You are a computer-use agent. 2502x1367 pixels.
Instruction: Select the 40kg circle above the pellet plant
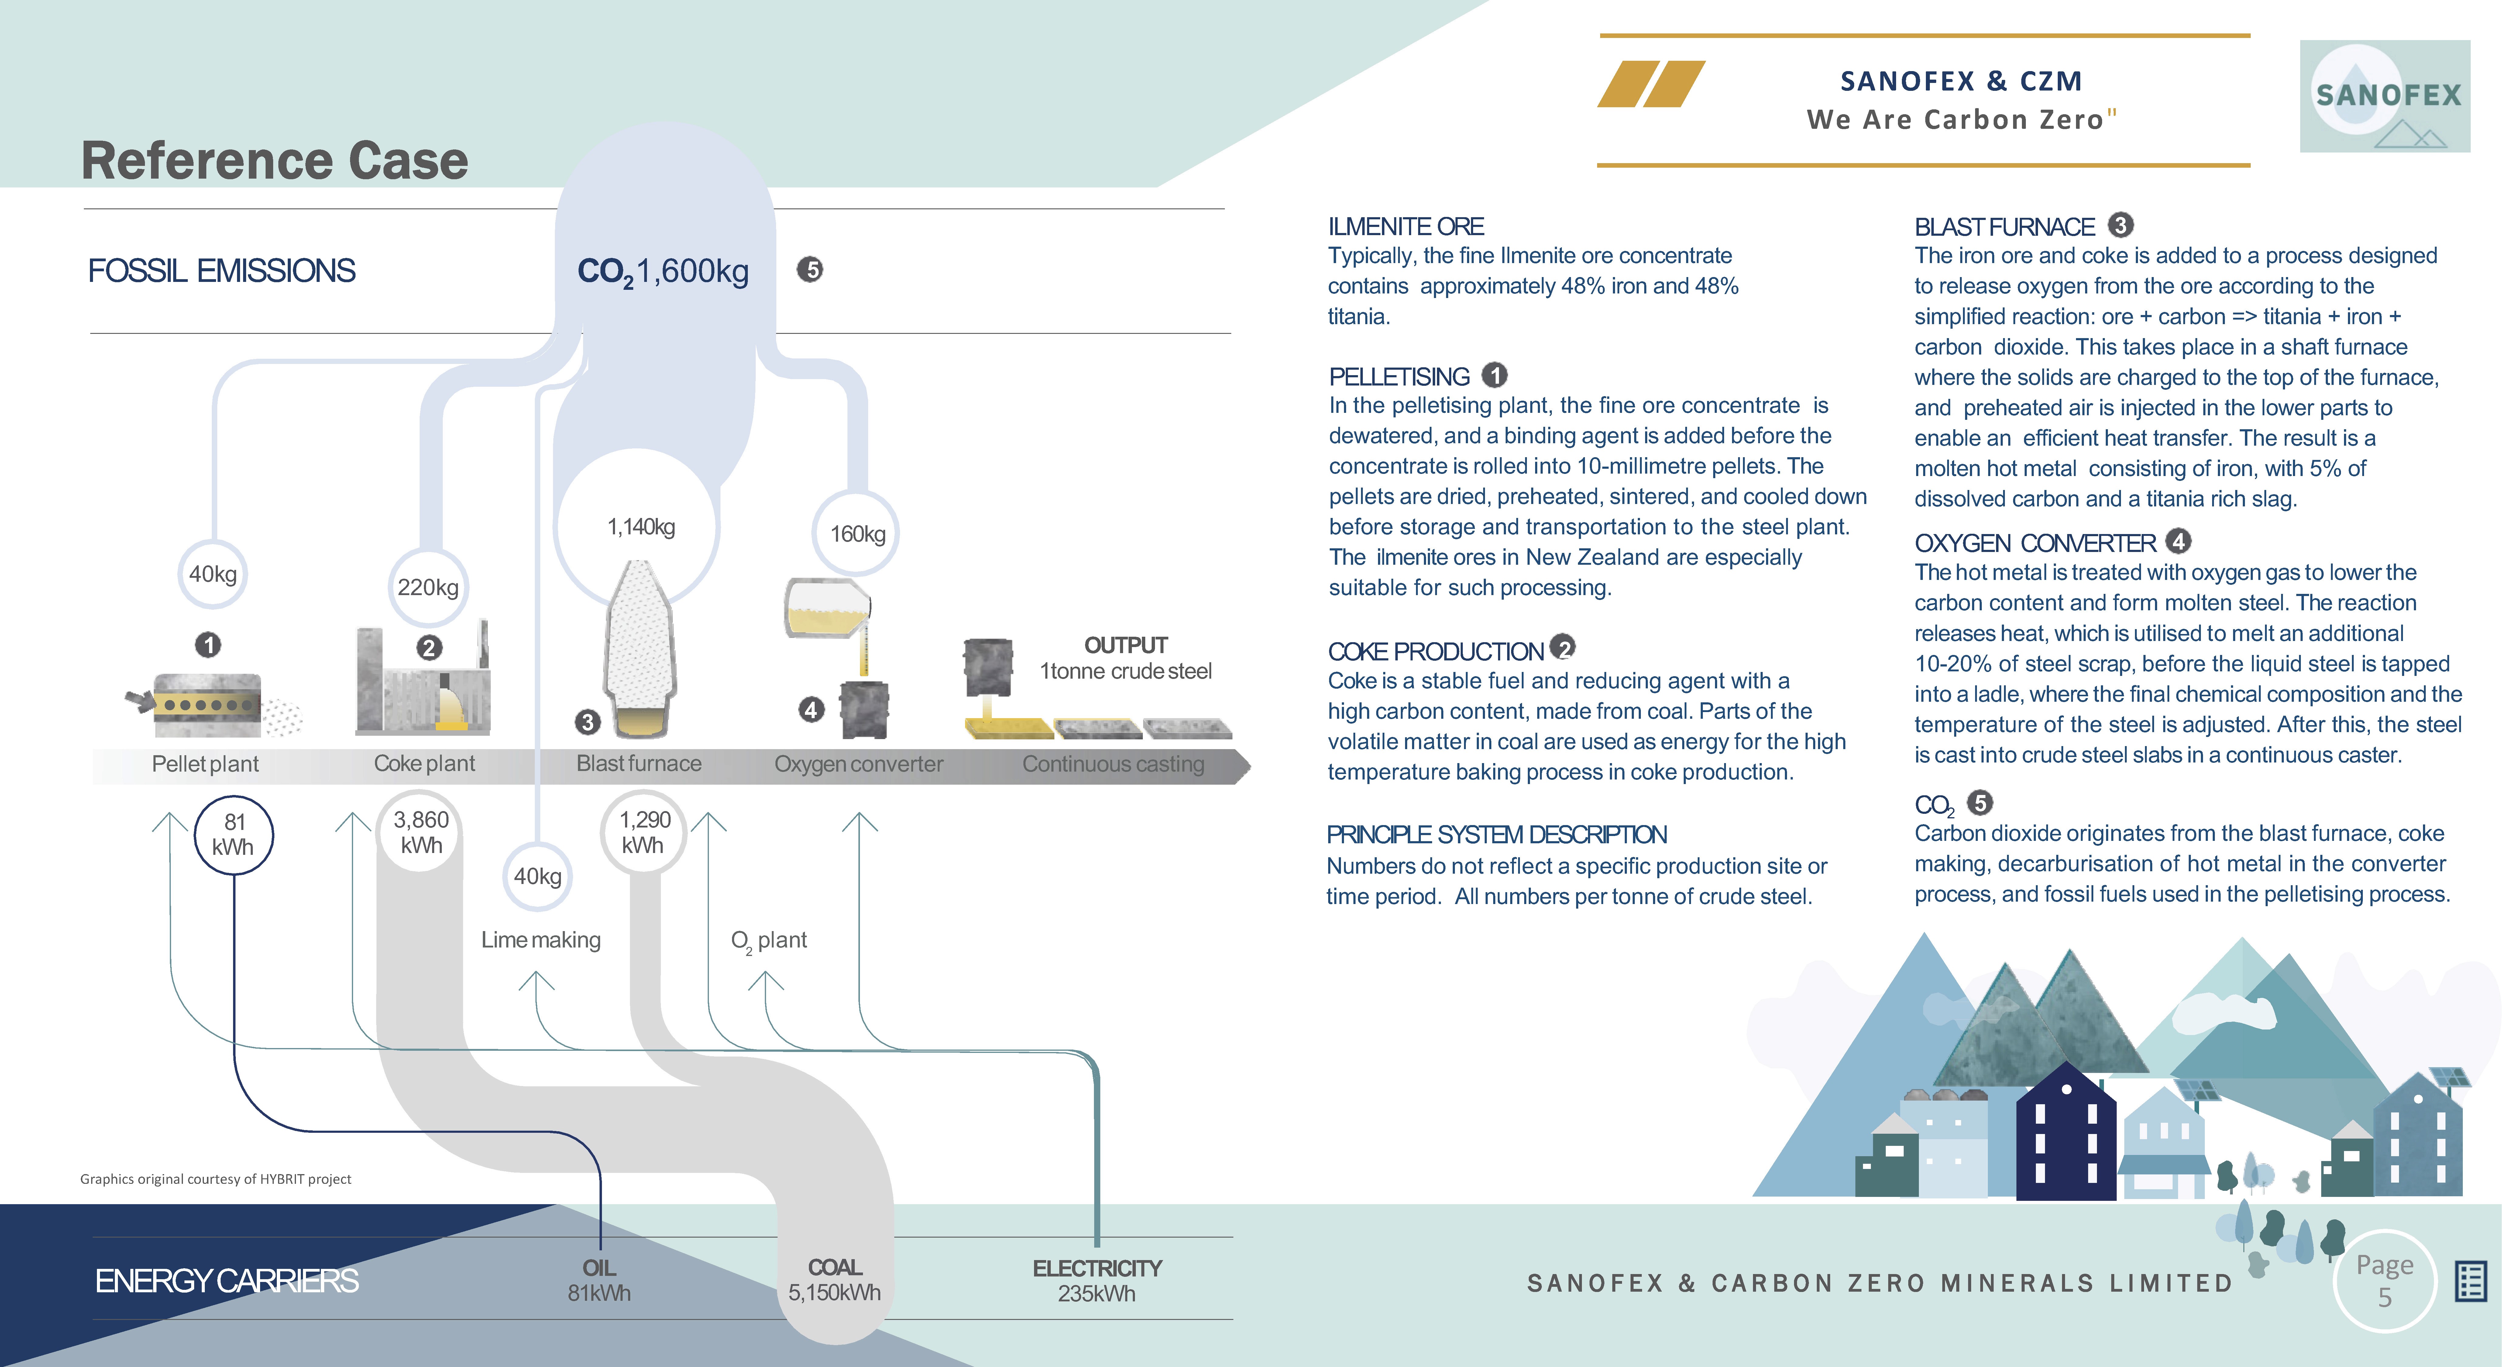tap(213, 574)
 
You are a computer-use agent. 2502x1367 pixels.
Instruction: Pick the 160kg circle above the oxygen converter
tap(857, 533)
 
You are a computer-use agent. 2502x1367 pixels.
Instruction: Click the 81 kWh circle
tap(233, 835)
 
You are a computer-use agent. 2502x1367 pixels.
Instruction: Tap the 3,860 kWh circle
tap(421, 832)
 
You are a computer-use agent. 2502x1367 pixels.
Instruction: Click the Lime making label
tap(541, 940)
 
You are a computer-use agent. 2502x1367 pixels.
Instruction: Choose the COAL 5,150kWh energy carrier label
tap(834, 1280)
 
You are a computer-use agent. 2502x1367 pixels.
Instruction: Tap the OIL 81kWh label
tap(599, 1280)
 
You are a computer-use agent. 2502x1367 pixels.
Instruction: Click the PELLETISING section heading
tap(1399, 377)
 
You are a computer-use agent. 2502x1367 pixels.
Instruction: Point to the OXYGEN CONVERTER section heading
tap(2035, 543)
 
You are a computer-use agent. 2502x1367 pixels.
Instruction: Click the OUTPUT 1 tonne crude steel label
tap(1126, 658)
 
